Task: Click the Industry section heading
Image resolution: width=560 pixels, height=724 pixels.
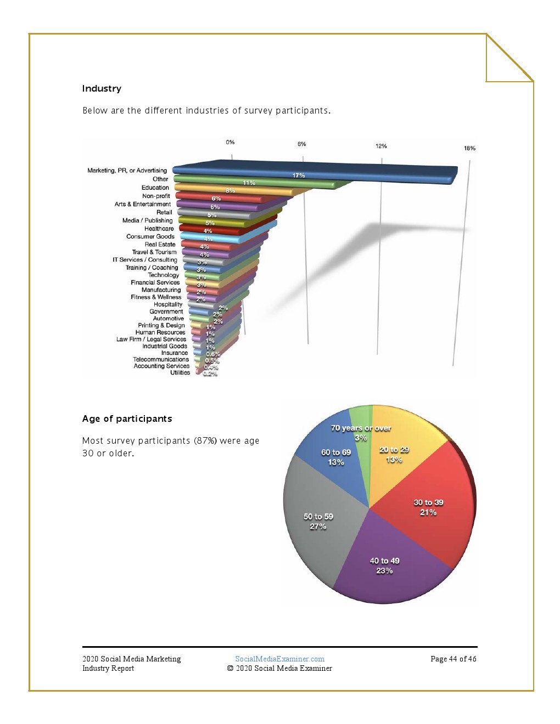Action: (x=102, y=89)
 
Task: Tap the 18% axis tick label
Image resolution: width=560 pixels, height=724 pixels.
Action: (x=469, y=148)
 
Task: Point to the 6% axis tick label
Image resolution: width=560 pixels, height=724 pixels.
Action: (x=301, y=144)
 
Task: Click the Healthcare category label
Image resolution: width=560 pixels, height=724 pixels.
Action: (x=159, y=229)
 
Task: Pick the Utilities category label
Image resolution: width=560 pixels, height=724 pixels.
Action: (x=180, y=373)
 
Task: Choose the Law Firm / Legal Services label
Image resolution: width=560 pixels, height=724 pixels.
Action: (x=151, y=340)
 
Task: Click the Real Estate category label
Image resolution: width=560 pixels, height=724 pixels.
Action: (x=160, y=245)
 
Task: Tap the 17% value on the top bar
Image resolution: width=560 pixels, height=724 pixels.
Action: (x=298, y=176)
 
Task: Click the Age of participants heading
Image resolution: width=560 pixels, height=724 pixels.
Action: (x=127, y=419)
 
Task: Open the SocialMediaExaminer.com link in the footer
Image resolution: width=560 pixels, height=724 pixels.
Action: (x=279, y=659)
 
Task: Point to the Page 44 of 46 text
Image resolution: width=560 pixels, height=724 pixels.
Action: (x=453, y=659)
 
